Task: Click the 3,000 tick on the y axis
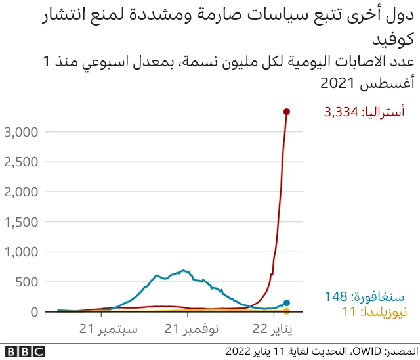coord(22,132)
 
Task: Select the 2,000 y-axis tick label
coord(22,192)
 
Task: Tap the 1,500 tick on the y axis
coord(22,222)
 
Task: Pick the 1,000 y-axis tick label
coord(22,252)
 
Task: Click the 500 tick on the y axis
coord(29,282)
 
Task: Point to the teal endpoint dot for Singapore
coord(287,303)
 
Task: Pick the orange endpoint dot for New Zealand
coord(287,311)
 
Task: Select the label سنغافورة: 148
coord(364,298)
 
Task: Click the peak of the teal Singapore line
coord(184,270)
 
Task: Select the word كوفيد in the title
coord(394,40)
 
